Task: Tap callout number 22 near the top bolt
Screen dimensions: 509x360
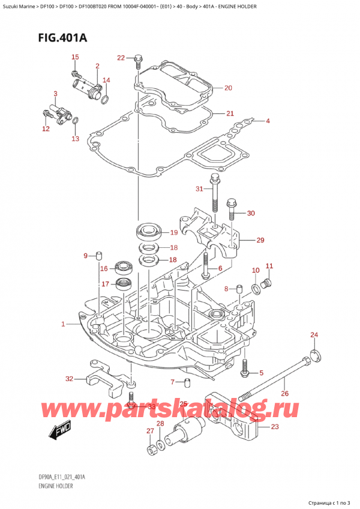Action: click(x=121, y=58)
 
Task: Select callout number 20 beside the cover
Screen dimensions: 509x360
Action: click(x=227, y=88)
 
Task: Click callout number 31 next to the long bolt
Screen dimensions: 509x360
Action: click(x=199, y=190)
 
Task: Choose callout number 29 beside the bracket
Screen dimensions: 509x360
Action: click(x=260, y=240)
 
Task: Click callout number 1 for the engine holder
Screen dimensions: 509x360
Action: click(x=63, y=325)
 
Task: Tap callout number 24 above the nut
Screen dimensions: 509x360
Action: click(x=314, y=334)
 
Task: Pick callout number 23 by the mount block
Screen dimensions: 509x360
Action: click(x=275, y=427)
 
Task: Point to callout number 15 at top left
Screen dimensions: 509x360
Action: click(x=75, y=57)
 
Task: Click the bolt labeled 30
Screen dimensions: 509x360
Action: click(x=232, y=211)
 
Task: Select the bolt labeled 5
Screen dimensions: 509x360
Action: click(x=245, y=370)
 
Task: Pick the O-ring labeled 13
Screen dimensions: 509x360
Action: click(x=75, y=124)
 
